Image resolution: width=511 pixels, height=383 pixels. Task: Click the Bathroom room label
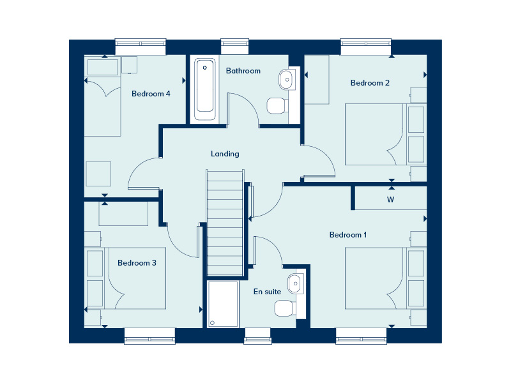pyautogui.click(x=243, y=71)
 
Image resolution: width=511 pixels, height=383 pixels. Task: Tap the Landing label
pyautogui.click(x=225, y=154)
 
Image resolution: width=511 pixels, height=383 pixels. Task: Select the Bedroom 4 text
pyautogui.click(x=151, y=94)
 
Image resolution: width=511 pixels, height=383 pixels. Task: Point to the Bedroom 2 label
pyautogui.click(x=370, y=83)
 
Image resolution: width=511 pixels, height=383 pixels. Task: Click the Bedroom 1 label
pyautogui.click(x=348, y=235)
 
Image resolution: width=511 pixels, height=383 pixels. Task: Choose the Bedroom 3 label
pyautogui.click(x=137, y=263)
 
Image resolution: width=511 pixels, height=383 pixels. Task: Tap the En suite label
pyautogui.click(x=267, y=292)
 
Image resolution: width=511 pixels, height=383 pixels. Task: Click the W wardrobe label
pyautogui.click(x=390, y=199)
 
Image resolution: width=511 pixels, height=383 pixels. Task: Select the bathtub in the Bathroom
pyautogui.click(x=205, y=89)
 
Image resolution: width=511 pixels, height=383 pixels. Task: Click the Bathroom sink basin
pyautogui.click(x=286, y=79)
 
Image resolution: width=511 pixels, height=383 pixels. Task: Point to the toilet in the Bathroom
pyautogui.click(x=277, y=106)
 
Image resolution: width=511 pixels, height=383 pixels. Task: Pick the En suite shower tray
pyautogui.click(x=223, y=304)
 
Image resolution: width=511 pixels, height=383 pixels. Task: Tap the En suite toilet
pyautogui.click(x=285, y=308)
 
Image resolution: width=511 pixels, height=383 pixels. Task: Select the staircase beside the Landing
pyautogui.click(x=225, y=223)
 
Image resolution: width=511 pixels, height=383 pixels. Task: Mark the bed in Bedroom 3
pyautogui.click(x=125, y=278)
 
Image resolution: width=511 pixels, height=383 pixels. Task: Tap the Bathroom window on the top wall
pyautogui.click(x=234, y=47)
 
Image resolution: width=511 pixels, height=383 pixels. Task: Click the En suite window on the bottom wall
pyautogui.click(x=257, y=336)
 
